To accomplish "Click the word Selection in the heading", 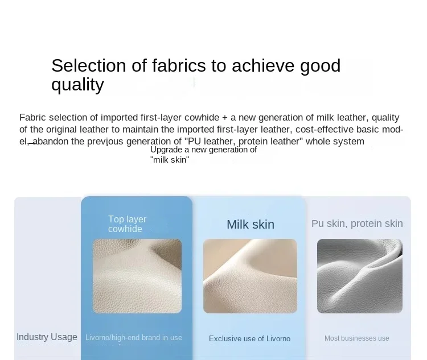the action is (88, 65).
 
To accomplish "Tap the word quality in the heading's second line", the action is (77, 85).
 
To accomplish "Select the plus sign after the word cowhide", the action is (225, 118).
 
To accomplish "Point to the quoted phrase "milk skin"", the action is (170, 160).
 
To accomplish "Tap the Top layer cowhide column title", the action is (127, 224).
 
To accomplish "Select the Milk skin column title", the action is (251, 225).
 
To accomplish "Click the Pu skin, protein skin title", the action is (357, 224).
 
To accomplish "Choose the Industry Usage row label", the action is (47, 337).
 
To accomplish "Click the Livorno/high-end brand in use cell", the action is (134, 337).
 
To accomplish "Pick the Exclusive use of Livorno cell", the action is (250, 338).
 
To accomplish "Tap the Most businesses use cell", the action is (357, 338).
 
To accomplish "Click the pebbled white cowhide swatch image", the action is (137, 276).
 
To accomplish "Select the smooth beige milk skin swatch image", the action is (251, 276).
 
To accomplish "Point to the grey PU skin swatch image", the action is (360, 276).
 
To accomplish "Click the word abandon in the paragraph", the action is (50, 141).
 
